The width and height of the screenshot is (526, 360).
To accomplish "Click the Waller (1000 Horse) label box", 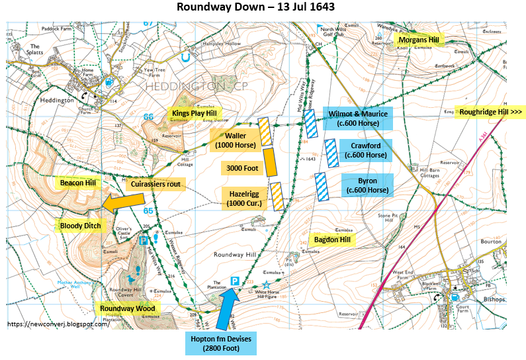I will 232,140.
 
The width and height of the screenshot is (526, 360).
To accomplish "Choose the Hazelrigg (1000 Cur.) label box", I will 243,197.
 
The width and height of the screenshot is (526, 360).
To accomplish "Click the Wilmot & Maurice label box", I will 357,118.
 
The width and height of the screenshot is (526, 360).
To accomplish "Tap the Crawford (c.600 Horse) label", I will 367,150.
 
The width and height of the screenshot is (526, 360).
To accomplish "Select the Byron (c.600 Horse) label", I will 367,186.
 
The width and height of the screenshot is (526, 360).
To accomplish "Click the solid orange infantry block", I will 269,162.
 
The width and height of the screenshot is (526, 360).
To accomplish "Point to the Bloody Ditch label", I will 80,226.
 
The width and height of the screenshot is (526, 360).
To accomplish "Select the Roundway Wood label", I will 127,308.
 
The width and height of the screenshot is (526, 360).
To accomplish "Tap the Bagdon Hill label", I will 333,238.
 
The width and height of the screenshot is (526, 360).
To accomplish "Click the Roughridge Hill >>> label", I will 490,112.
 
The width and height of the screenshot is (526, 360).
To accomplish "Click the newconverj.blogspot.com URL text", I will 58,324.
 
